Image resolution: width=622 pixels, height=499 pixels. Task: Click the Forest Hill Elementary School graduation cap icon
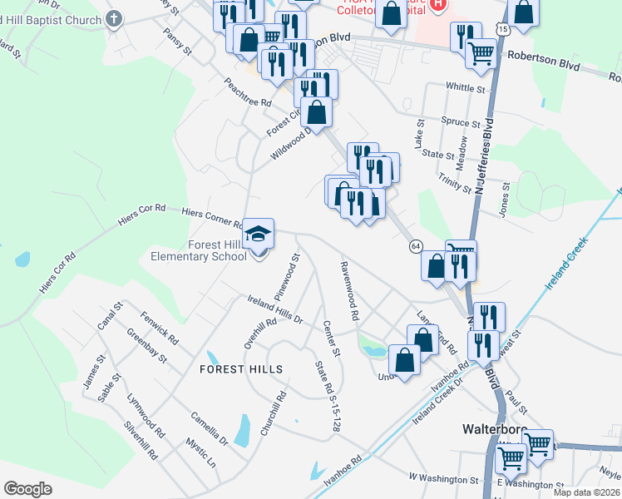pos(259,232)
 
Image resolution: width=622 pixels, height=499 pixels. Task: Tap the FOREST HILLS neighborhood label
pos(241,369)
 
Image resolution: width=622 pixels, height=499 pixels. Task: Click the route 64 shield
pos(416,245)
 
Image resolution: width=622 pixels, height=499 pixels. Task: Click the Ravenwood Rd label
pos(348,291)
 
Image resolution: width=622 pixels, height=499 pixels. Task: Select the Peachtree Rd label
pos(248,91)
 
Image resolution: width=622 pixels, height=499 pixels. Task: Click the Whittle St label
pos(466,87)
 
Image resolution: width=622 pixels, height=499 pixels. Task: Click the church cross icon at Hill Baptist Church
pos(115,17)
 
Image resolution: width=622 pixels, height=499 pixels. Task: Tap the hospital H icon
pos(439,6)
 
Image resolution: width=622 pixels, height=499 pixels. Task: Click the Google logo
pos(28,489)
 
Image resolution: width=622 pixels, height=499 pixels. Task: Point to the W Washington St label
pos(442,480)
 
